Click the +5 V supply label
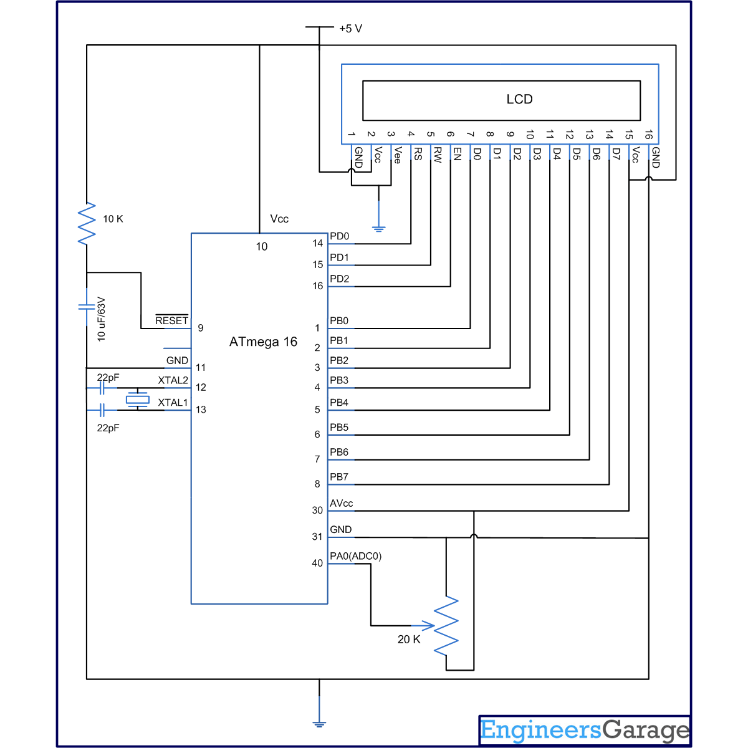[x=350, y=29]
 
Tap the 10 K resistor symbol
[x=87, y=223]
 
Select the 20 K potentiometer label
[x=409, y=640]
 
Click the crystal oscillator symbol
[x=137, y=400]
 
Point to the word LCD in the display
[x=519, y=99]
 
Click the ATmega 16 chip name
[x=263, y=342]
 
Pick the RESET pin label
[x=171, y=320]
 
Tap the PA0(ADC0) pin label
[x=355, y=556]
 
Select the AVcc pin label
[x=341, y=504]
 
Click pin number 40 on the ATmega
[x=317, y=563]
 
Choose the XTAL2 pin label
[x=173, y=380]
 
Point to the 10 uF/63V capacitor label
[x=101, y=319]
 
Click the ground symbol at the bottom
[x=319, y=724]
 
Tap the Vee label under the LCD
[x=398, y=155]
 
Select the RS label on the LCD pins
[x=418, y=154]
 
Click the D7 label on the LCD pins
[x=616, y=154]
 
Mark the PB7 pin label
[x=339, y=477]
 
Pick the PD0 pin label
[x=339, y=236]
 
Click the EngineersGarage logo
[x=585, y=731]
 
